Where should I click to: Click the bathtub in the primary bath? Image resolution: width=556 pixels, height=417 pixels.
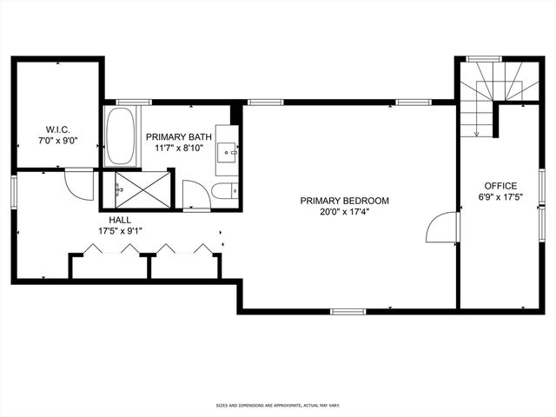coord(121,137)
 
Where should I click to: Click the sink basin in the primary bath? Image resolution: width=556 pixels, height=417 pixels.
coord(228,152)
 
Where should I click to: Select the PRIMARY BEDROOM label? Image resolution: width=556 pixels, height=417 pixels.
coord(344,201)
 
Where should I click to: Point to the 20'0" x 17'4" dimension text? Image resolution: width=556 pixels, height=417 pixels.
coord(344,213)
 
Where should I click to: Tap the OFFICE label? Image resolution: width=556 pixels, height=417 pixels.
coord(500,186)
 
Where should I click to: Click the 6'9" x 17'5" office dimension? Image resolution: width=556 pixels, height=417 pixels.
coord(500,198)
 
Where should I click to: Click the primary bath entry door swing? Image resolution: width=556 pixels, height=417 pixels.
coord(195,195)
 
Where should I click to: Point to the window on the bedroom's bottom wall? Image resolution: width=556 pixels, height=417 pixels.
coord(348,311)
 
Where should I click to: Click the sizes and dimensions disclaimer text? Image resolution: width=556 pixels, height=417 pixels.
coord(278,406)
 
